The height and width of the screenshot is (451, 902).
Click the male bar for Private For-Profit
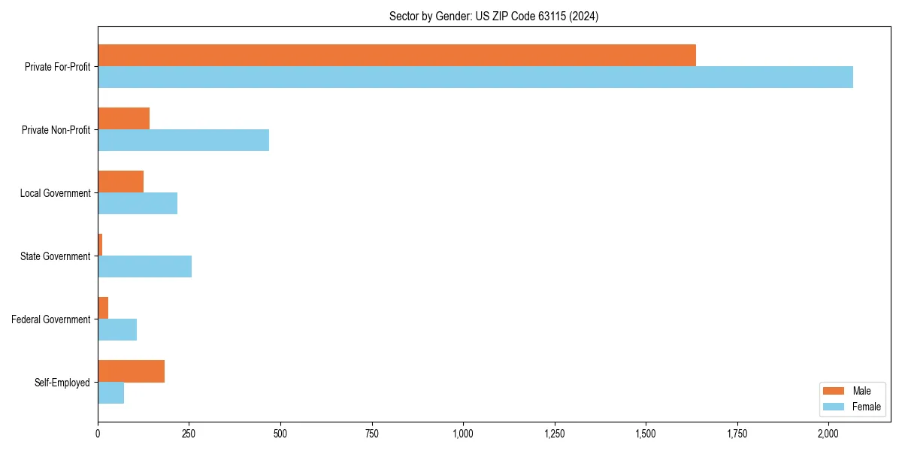coord(397,56)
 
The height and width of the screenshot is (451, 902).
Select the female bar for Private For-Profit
coord(475,77)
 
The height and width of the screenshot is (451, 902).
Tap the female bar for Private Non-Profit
coord(183,141)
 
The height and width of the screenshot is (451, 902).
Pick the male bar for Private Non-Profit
coord(124,119)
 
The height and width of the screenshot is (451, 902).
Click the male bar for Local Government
coord(121,182)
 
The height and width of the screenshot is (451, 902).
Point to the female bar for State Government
coord(145,267)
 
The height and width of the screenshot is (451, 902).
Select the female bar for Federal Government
coord(117,330)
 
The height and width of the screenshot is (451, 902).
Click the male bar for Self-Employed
coord(132,371)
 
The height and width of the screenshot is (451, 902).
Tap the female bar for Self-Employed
coord(111,393)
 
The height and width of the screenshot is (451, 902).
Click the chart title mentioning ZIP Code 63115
coord(494,16)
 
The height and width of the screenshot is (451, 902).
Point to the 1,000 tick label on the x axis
coord(463,434)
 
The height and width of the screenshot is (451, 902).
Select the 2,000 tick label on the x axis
coord(828,434)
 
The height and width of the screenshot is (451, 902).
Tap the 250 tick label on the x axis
coord(189,434)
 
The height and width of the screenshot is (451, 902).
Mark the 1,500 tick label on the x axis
coord(646,434)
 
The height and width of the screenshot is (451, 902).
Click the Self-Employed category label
coord(62,383)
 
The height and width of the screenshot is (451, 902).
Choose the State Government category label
coord(55,256)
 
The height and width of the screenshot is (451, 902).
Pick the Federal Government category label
coord(51,319)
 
